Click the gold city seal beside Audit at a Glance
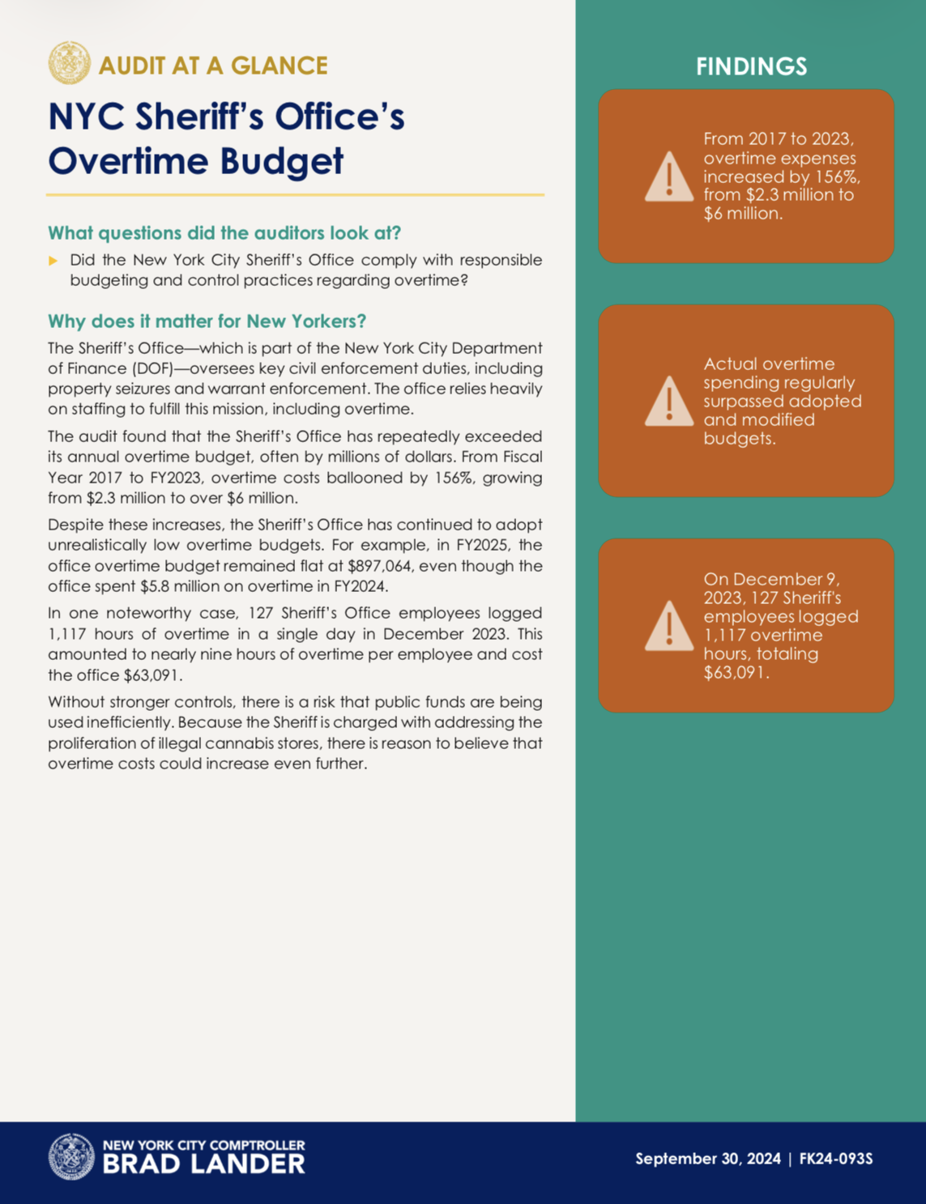tap(69, 63)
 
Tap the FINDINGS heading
tap(751, 66)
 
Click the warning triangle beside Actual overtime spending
tap(668, 402)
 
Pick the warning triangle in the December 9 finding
tap(668, 627)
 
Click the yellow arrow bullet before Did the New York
tap(53, 261)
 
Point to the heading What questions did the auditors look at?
tap(224, 233)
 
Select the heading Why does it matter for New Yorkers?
tap(207, 321)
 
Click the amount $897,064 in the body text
tap(379, 566)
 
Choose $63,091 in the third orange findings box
tap(734, 672)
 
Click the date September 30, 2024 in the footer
tap(707, 1159)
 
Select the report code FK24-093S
tap(836, 1159)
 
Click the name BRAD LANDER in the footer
tap(203, 1164)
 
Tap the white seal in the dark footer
tap(71, 1156)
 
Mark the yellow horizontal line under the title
tap(295, 195)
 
